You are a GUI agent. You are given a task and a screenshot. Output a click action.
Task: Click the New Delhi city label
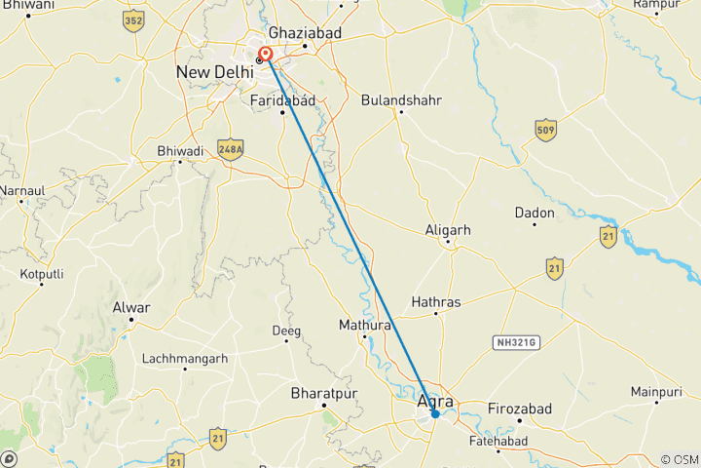[213, 73]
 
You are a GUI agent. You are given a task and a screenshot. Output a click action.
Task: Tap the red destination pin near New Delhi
[265, 56]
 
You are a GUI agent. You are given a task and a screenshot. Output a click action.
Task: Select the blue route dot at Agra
[435, 414]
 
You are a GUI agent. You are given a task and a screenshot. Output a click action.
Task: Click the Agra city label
[435, 401]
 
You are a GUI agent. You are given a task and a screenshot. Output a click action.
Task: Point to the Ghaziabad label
[306, 32]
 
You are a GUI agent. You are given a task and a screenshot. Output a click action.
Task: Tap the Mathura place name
[364, 325]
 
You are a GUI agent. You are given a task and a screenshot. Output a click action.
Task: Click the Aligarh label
[448, 230]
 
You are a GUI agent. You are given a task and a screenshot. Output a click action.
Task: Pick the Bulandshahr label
[401, 99]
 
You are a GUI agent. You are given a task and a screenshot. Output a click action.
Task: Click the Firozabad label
[519, 407]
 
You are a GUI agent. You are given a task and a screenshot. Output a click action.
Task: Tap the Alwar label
[131, 308]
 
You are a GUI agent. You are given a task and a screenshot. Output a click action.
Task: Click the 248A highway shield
[231, 148]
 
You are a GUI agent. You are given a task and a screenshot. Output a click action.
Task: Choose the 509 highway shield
[545, 129]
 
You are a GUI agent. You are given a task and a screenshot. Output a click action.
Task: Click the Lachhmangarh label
[185, 358]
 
